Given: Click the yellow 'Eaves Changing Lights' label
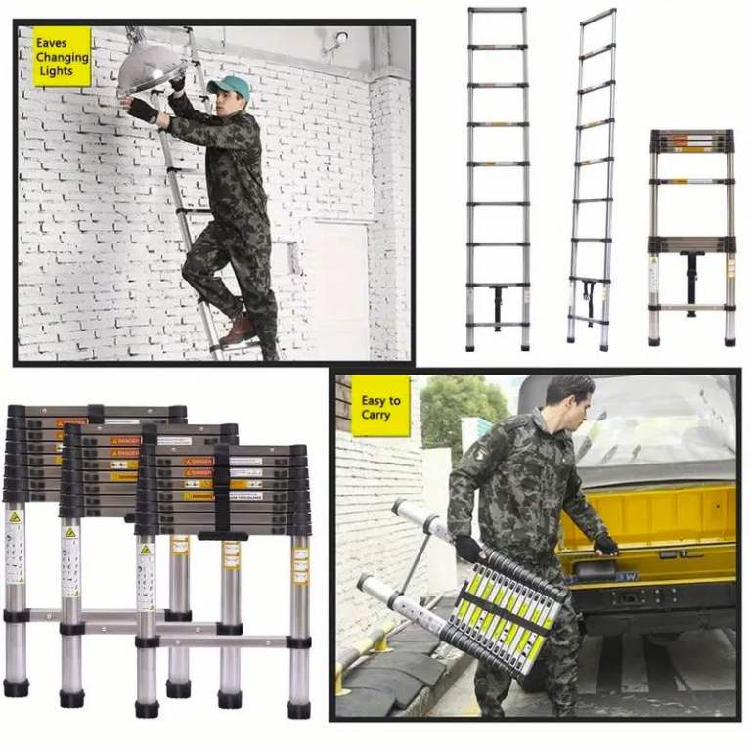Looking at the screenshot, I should point(62,57).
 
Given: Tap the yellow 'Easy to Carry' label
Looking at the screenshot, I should point(379,407).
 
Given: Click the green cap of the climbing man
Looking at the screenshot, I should point(230,88).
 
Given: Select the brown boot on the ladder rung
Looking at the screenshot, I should point(238,330).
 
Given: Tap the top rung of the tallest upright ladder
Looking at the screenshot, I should point(498,10).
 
